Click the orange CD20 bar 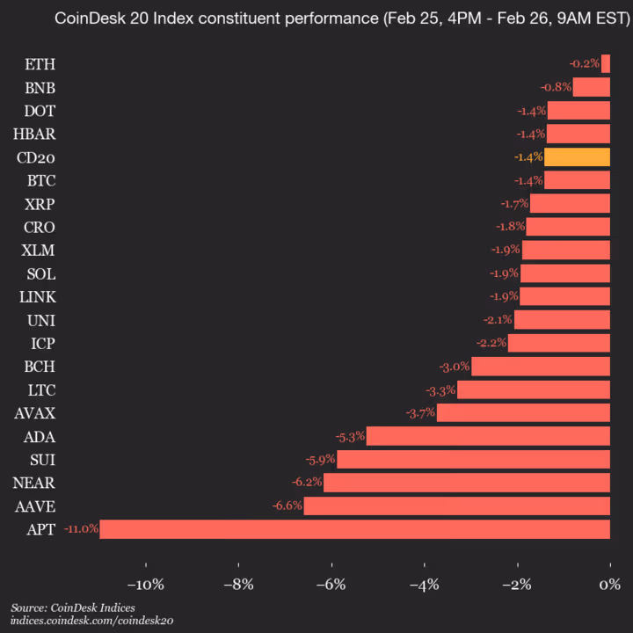[x=577, y=157]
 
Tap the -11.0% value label [x=81, y=529]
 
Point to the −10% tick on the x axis [x=145, y=586]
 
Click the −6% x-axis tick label [x=331, y=586]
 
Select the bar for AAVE [x=456, y=506]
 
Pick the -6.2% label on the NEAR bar [x=306, y=483]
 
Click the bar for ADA [x=488, y=436]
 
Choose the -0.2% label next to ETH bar [x=584, y=64]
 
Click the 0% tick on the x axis [x=609, y=586]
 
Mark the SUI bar [x=473, y=460]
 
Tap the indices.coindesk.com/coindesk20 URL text [x=92, y=621]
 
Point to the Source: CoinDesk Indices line [x=73, y=608]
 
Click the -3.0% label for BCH [x=455, y=367]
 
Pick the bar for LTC [x=533, y=389]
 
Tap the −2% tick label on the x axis [x=517, y=586]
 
